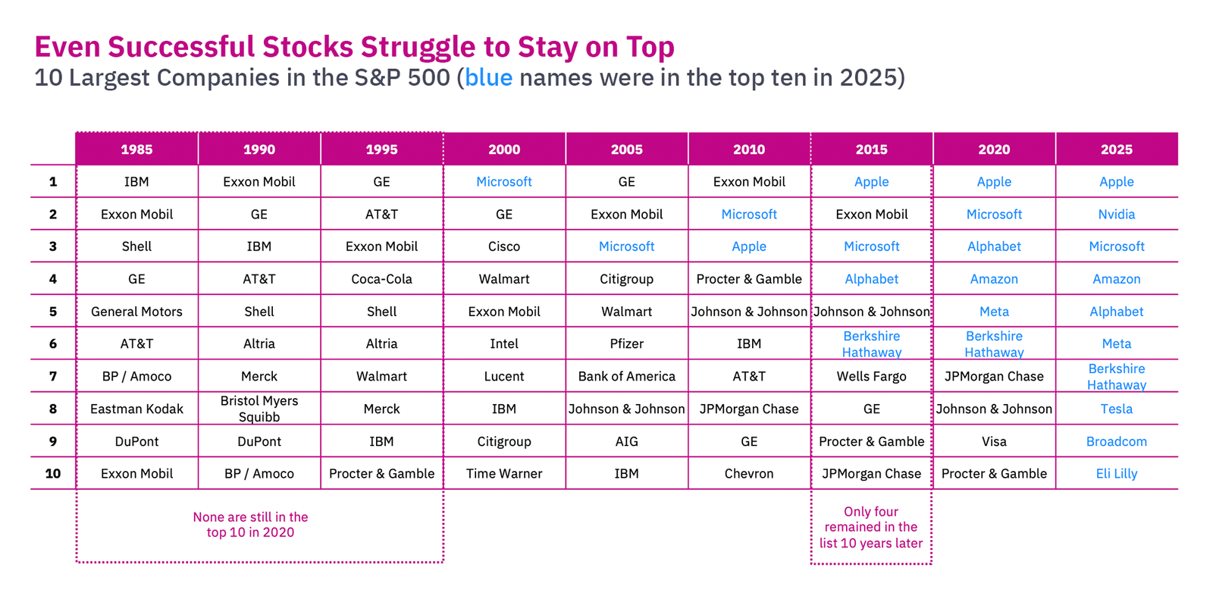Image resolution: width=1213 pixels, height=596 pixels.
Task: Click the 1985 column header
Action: (x=136, y=149)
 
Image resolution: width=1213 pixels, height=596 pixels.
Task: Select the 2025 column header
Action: (x=1116, y=149)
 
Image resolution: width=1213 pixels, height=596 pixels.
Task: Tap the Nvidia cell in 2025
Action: (x=1116, y=214)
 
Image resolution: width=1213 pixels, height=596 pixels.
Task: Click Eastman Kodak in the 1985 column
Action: (x=136, y=409)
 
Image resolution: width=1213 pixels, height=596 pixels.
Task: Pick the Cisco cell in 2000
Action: (x=504, y=246)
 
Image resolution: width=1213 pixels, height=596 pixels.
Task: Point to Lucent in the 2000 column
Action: (x=504, y=376)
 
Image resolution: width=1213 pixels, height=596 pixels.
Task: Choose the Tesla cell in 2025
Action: (x=1116, y=409)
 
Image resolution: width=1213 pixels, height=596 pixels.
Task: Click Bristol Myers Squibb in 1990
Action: (x=259, y=409)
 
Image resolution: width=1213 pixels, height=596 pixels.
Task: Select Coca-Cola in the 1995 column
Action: (x=381, y=279)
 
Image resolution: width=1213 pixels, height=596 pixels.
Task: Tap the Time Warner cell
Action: (x=504, y=473)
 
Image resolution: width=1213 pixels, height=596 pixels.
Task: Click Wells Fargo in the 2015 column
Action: (x=871, y=376)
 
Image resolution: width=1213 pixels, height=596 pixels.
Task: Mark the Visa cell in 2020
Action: (x=994, y=441)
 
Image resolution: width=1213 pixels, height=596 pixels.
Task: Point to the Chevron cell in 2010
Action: (x=749, y=473)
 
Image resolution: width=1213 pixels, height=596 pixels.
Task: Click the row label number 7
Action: (x=53, y=376)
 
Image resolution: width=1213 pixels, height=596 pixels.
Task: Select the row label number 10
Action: (x=53, y=473)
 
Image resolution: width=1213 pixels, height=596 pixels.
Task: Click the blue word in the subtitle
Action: (x=488, y=78)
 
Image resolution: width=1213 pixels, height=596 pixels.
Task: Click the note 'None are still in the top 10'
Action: (x=250, y=525)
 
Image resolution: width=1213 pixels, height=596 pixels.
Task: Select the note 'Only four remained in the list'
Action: (x=871, y=527)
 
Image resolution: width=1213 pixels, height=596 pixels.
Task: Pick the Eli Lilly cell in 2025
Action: (x=1116, y=473)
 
